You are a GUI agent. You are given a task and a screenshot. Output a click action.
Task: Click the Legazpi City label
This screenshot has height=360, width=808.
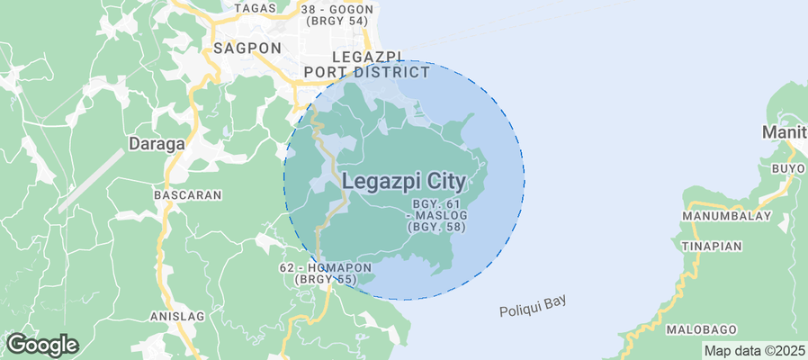[404, 181]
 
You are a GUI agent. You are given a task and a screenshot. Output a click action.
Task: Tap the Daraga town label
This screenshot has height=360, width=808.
[157, 143]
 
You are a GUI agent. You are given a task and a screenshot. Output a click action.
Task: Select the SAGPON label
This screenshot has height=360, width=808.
[247, 48]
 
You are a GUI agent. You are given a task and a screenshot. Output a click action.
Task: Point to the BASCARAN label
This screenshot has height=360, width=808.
[182, 194]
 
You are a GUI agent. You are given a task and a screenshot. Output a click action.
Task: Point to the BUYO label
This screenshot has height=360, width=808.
[788, 168]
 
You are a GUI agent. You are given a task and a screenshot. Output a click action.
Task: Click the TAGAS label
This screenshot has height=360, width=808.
[254, 8]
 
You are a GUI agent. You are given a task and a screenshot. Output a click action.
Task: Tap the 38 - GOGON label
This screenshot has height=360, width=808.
[337, 6]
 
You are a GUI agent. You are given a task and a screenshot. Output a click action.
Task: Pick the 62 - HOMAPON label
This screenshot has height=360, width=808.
[326, 268]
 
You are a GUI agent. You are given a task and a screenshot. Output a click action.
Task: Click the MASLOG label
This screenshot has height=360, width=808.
[440, 216]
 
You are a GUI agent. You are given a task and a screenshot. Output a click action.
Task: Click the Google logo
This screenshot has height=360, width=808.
[41, 344]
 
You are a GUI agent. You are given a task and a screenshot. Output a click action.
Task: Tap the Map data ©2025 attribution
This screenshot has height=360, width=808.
[754, 351]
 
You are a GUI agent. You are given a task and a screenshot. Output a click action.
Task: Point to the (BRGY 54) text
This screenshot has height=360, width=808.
[337, 20]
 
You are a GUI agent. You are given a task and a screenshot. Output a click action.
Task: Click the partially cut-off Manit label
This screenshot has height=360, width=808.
[785, 132]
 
